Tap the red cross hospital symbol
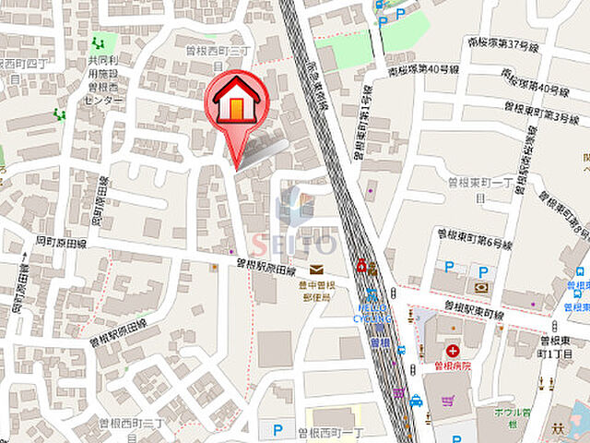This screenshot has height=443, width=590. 453,351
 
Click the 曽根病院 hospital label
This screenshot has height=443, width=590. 453,365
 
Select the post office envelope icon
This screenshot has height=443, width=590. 316,270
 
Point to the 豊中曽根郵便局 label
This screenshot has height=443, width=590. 315,291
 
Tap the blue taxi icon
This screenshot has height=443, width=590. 416,401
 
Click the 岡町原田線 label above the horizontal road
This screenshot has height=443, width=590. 62,245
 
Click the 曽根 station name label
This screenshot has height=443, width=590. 379,341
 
